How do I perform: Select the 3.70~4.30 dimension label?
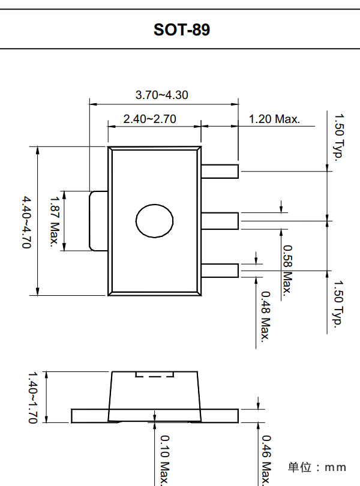[162, 95]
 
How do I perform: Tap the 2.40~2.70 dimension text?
[149, 119]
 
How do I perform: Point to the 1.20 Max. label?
[274, 119]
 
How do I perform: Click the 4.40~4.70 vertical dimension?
[25, 221]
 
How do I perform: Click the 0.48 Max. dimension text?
[265, 315]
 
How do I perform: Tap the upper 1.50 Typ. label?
[339, 136]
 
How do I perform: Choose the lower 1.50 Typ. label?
[339, 304]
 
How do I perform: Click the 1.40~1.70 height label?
[34, 398]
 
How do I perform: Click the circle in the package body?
[155, 221]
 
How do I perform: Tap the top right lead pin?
[220, 171]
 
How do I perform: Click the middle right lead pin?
[220, 221]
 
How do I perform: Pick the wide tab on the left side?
[98, 221]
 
